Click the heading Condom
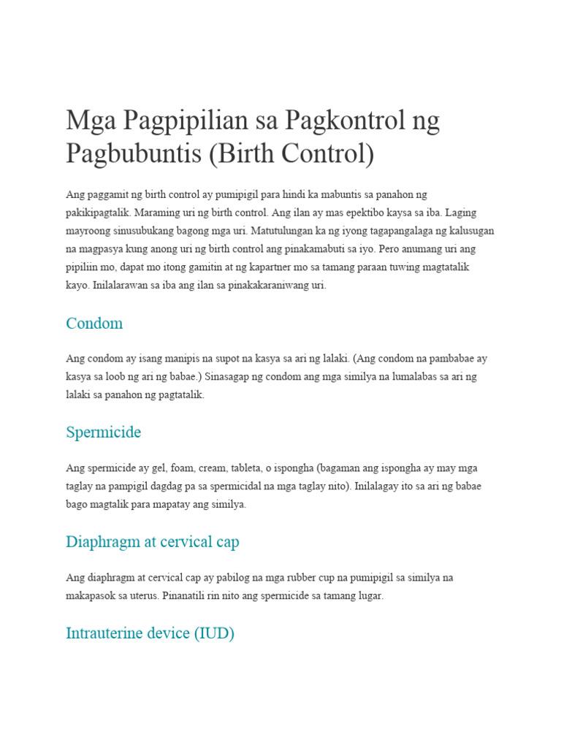pyautogui.click(x=94, y=323)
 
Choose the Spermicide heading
pyautogui.click(x=103, y=432)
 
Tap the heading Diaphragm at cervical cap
pyautogui.click(x=152, y=542)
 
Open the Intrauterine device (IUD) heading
pyautogui.click(x=150, y=633)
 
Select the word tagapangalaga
pyautogui.click(x=384, y=231)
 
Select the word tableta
pyautogui.click(x=263, y=468)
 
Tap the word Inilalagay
pyautogui.click(x=380, y=486)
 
